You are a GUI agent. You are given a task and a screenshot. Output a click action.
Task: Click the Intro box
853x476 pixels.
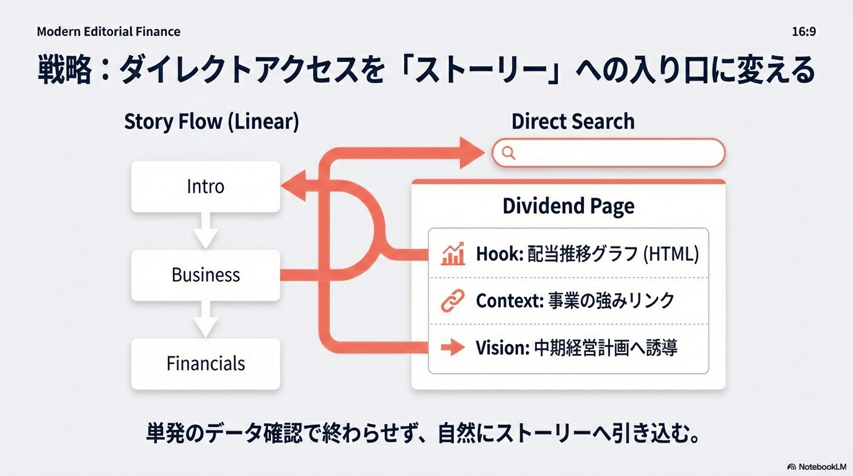tap(205, 187)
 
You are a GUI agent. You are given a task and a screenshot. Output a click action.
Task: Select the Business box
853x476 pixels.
tap(205, 275)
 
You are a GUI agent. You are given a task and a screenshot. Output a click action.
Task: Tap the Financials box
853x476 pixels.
tap(205, 363)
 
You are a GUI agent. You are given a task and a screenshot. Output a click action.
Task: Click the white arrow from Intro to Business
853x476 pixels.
tap(205, 231)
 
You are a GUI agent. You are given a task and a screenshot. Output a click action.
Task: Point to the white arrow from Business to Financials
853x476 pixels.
tap(205, 319)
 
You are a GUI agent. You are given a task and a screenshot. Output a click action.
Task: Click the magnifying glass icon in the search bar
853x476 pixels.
tap(508, 153)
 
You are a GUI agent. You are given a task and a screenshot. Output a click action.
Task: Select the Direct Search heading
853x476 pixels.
tap(573, 121)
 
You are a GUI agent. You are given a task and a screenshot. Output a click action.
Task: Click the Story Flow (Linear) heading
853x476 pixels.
tap(211, 121)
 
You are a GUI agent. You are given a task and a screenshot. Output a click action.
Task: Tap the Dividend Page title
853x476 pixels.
tap(568, 206)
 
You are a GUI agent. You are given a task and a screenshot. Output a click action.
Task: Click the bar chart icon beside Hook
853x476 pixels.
tap(453, 253)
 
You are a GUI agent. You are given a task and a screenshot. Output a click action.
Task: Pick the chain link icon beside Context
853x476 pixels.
tap(453, 301)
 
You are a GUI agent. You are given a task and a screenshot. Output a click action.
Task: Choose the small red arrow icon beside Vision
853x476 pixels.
tap(453, 348)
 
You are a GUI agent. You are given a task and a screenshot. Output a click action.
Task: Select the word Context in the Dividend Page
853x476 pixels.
tap(509, 301)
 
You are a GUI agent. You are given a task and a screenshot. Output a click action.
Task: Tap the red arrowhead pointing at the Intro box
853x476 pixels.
tap(292, 187)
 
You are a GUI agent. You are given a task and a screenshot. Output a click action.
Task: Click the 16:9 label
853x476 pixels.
tap(803, 32)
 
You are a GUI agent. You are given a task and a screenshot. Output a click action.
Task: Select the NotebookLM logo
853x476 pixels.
tap(816, 466)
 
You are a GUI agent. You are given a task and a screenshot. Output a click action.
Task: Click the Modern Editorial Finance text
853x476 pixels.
tap(108, 32)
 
